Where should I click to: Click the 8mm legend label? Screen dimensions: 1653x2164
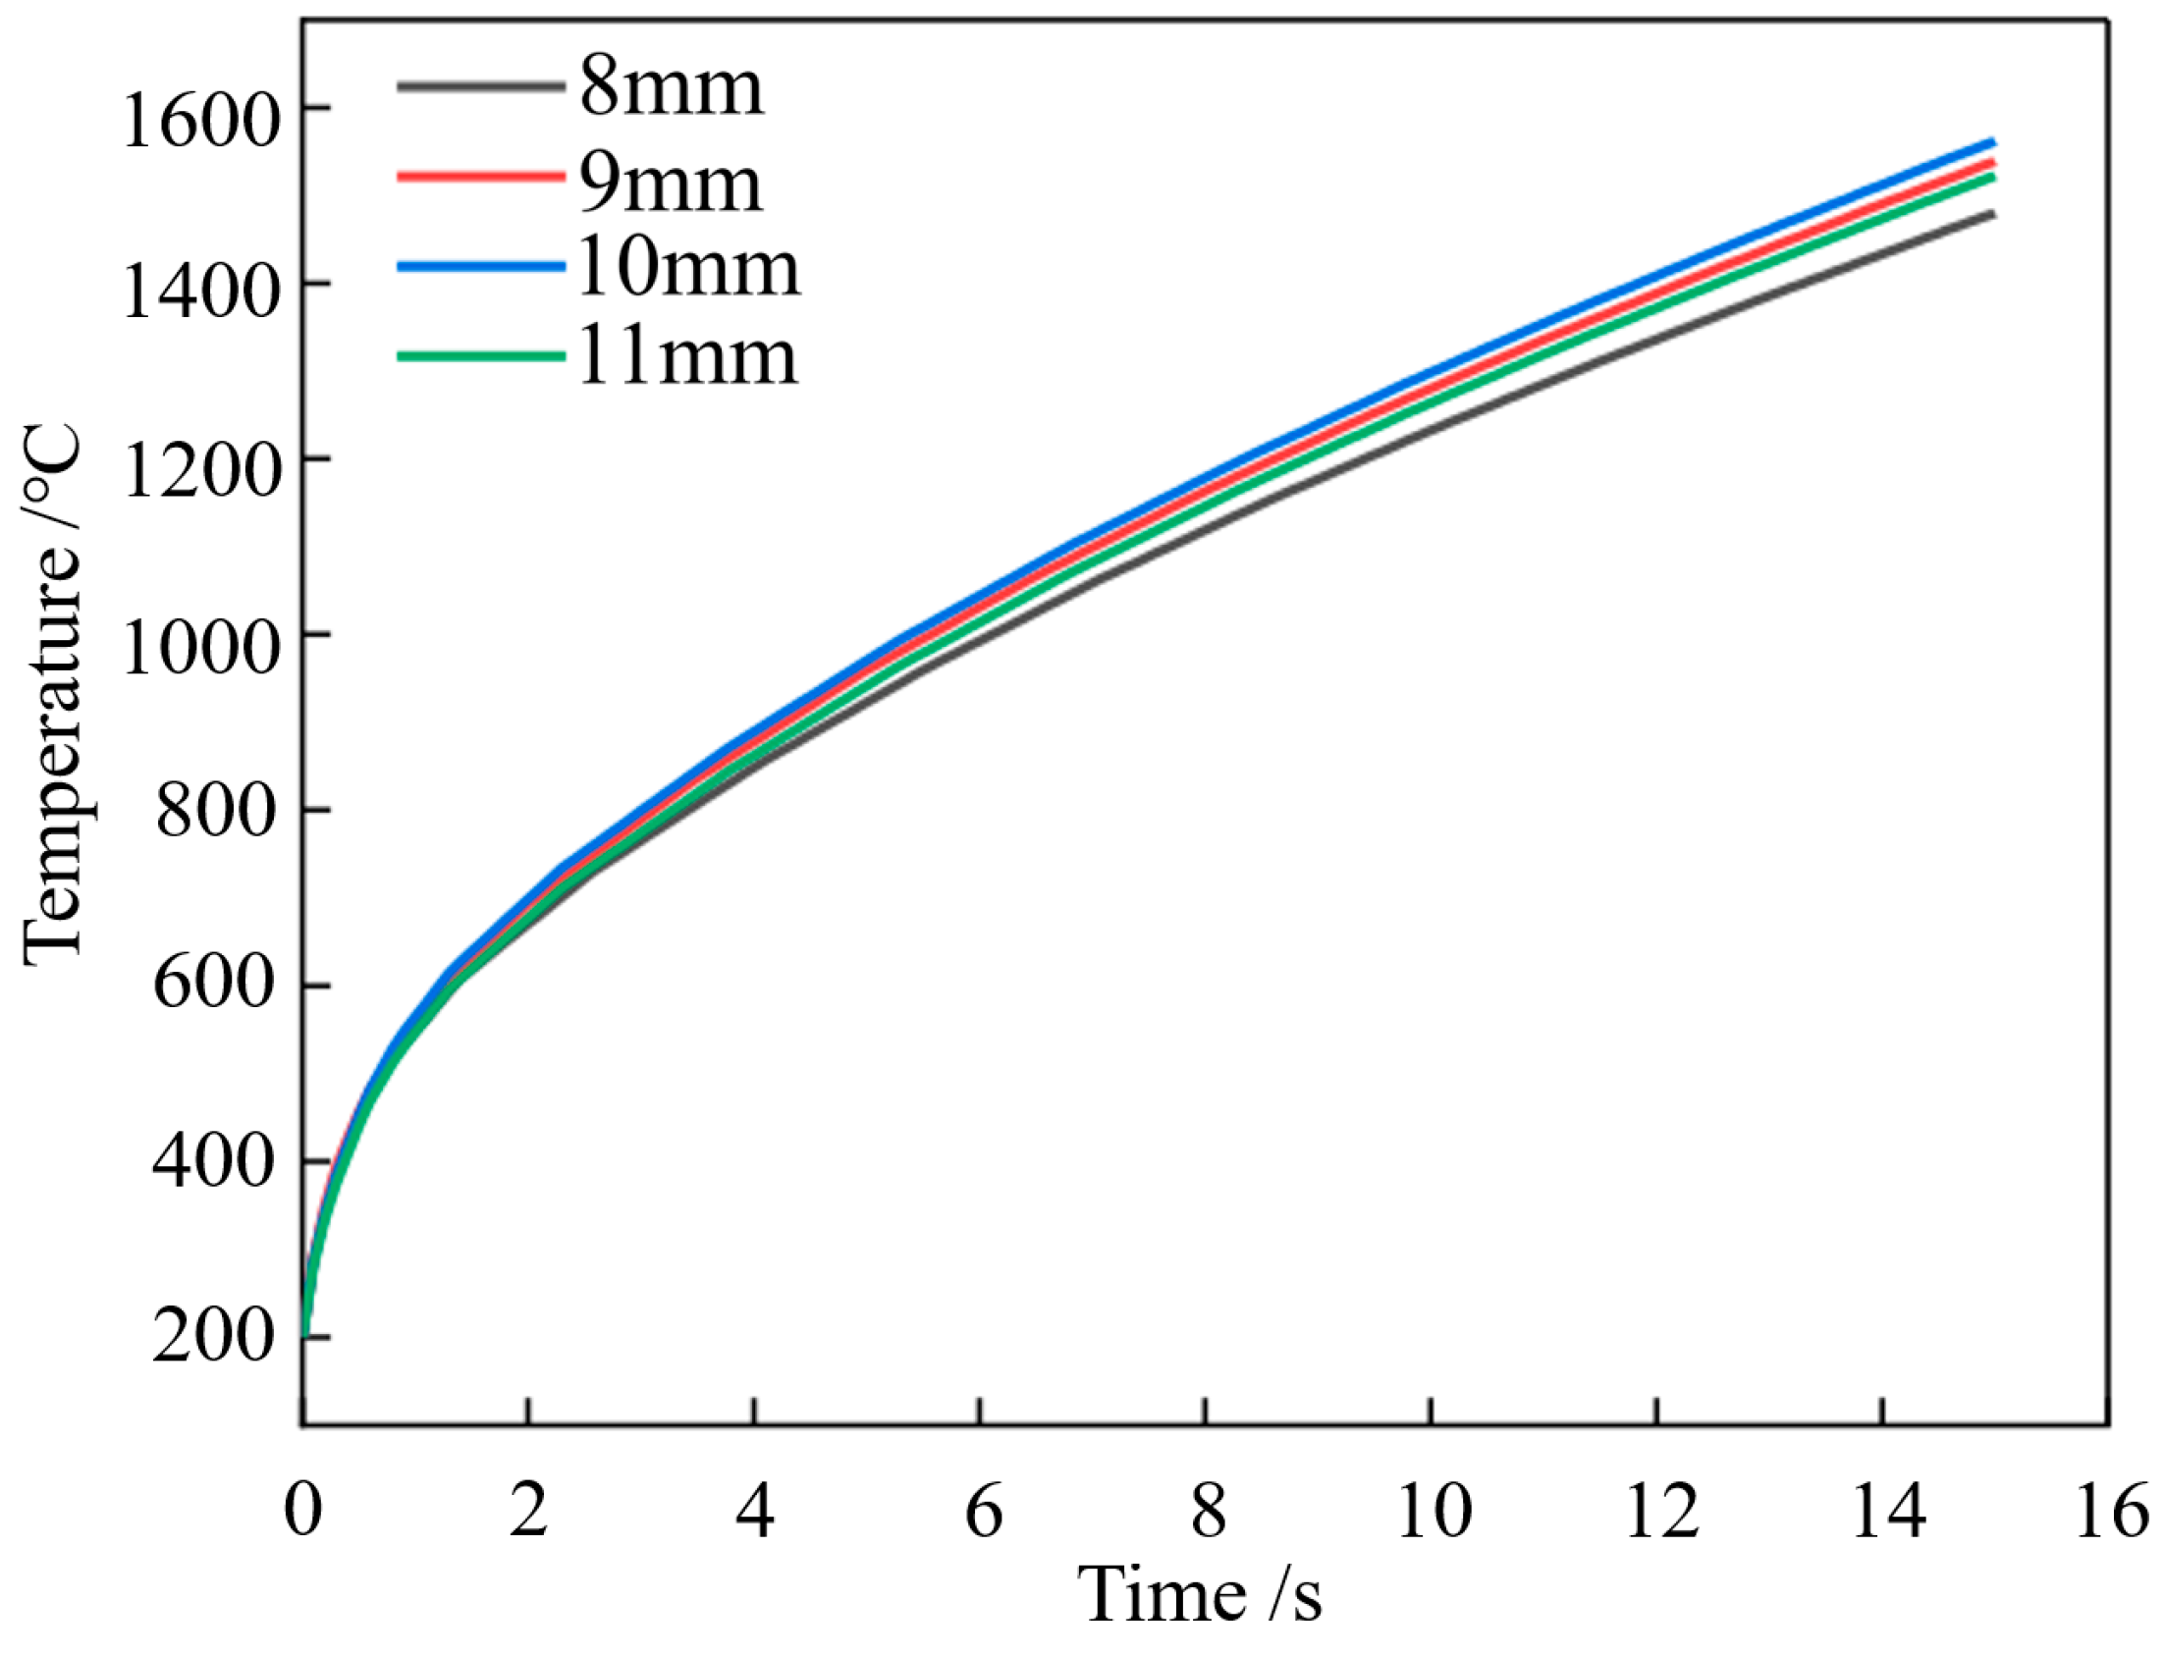click(x=672, y=87)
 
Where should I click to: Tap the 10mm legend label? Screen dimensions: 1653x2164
click(x=688, y=268)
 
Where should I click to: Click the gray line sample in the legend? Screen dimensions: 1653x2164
click(x=481, y=86)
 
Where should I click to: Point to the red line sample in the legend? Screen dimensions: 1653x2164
click(x=481, y=176)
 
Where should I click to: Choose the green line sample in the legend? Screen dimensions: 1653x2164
click(x=481, y=355)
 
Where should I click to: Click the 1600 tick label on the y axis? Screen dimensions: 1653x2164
click(x=196, y=124)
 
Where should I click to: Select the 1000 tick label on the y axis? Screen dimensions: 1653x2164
click(x=196, y=651)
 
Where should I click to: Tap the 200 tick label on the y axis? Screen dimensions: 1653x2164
click(x=212, y=1337)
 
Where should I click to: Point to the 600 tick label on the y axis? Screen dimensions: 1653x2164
click(x=212, y=985)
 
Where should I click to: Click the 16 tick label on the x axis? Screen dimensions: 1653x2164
click(x=2111, y=1510)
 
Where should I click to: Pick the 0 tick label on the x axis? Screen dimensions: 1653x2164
click(x=303, y=1510)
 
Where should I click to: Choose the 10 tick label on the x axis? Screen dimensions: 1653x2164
click(x=1433, y=1510)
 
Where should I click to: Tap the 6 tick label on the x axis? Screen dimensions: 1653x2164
click(x=982, y=1510)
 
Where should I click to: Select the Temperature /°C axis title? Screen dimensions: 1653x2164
click(x=54, y=695)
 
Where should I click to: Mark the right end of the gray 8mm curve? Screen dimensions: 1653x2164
click(x=1993, y=214)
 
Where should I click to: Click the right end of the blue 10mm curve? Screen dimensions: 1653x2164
click(x=1993, y=141)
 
